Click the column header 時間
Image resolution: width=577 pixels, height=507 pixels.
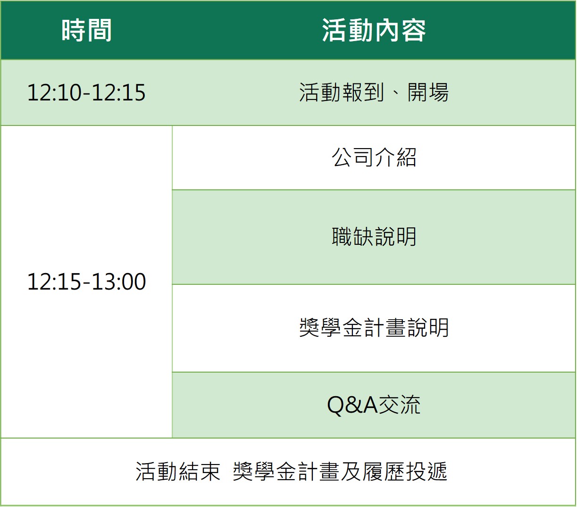click(86, 31)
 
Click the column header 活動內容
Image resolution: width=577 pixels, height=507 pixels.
click(374, 31)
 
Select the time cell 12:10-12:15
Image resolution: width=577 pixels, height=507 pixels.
click(86, 92)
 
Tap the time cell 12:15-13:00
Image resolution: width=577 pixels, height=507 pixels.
click(86, 281)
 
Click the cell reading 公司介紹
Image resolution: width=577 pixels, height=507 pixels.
click(374, 157)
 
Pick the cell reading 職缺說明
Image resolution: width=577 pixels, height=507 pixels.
click(374, 237)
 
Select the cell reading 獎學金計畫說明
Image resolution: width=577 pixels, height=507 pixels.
click(374, 328)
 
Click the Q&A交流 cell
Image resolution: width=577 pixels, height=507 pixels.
click(374, 405)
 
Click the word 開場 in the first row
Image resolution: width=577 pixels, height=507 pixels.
click(428, 92)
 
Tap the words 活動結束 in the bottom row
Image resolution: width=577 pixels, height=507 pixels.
click(178, 472)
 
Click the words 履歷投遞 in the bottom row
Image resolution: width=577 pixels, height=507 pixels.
click(405, 472)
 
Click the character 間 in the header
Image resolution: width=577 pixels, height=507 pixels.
click(99, 31)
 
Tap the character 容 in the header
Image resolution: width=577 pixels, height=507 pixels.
click(414, 31)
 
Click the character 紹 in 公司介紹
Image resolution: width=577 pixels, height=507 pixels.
click(406, 157)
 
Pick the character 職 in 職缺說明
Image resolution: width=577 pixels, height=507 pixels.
click(342, 237)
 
